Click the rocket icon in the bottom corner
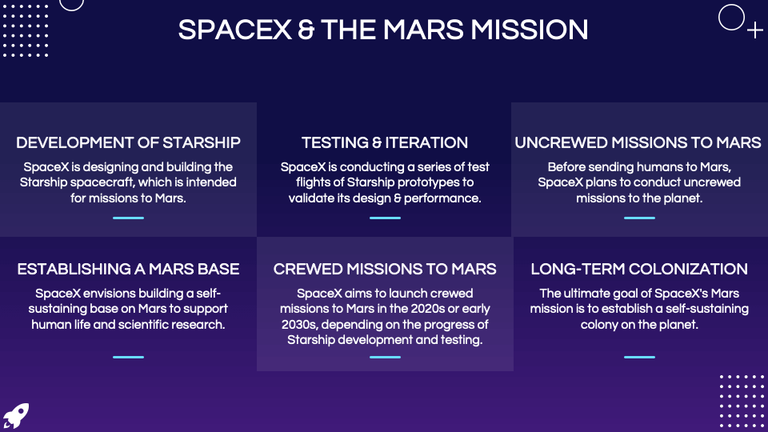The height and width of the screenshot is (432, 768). pyautogui.click(x=16, y=416)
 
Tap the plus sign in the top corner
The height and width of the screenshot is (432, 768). pyautogui.click(x=754, y=30)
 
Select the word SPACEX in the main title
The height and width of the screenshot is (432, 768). pyautogui.click(x=235, y=30)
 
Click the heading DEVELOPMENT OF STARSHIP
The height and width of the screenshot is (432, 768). pyautogui.click(x=128, y=142)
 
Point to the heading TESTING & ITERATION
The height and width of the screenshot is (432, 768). pyautogui.click(x=385, y=142)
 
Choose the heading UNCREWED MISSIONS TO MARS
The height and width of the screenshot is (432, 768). pyautogui.click(x=638, y=142)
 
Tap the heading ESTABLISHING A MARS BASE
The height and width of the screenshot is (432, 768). pyautogui.click(x=128, y=269)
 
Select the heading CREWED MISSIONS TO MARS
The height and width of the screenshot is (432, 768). pyautogui.click(x=385, y=269)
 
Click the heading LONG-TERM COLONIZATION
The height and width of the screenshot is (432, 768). pyautogui.click(x=639, y=269)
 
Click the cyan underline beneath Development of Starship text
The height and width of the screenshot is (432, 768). pyautogui.click(x=128, y=218)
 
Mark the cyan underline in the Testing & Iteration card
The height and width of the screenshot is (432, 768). pyautogui.click(x=385, y=218)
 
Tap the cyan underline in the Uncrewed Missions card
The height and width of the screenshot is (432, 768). pyautogui.click(x=639, y=218)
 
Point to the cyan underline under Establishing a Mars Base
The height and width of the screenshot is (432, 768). pyautogui.click(x=128, y=357)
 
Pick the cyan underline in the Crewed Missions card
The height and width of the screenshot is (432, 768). pyautogui.click(x=385, y=357)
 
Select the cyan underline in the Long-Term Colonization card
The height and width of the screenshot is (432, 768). pyautogui.click(x=639, y=357)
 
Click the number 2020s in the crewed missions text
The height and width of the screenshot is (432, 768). pyautogui.click(x=428, y=309)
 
